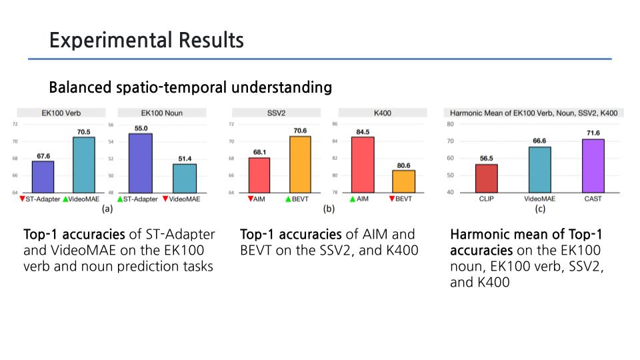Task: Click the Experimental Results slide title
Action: [146, 41]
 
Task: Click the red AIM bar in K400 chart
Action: [363, 165]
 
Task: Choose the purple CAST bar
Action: [593, 166]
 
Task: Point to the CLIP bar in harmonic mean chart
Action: [486, 178]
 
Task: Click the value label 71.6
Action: [593, 133]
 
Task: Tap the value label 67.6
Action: [42, 156]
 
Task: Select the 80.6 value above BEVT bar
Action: [403, 165]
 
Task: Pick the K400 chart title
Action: [382, 113]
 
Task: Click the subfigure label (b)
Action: [328, 209]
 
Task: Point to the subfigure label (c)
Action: [539, 209]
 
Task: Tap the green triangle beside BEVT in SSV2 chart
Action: [287, 199]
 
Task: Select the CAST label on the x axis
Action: [593, 199]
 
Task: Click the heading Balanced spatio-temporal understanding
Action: [191, 87]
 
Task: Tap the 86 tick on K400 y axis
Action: [334, 124]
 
